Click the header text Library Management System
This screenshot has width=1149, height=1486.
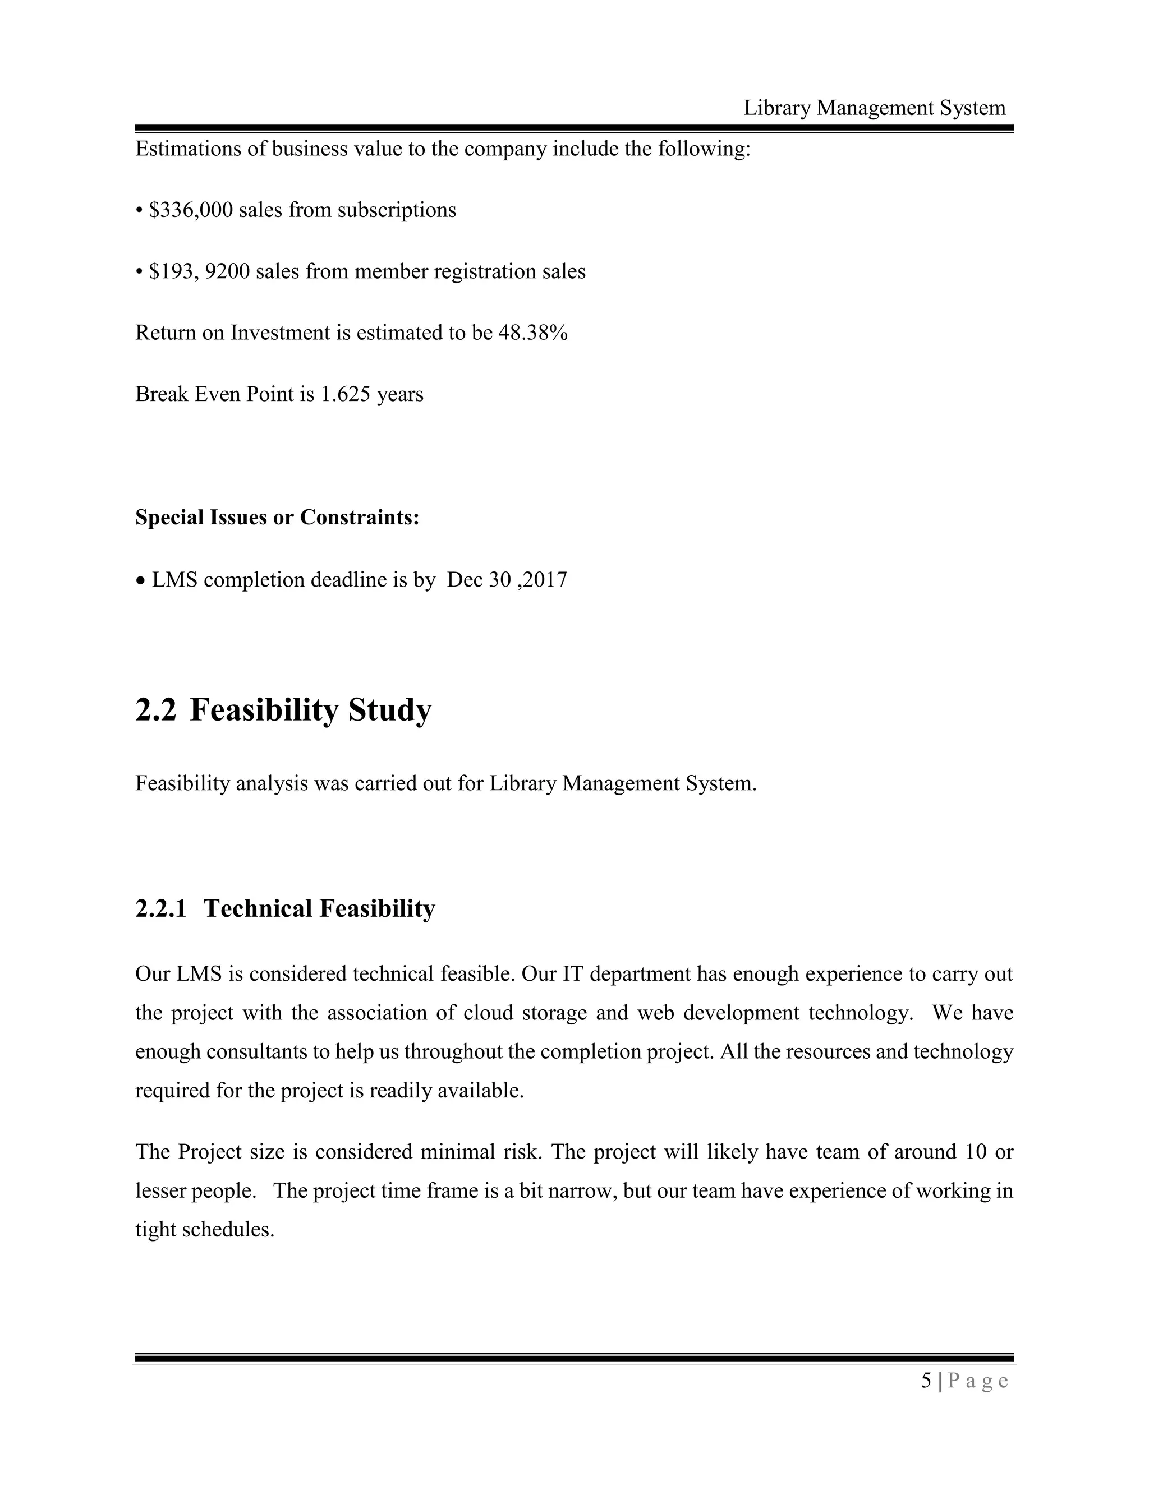874,108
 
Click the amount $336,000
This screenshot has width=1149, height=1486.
191,210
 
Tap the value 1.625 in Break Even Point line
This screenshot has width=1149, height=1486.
345,394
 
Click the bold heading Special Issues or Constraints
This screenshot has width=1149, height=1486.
277,517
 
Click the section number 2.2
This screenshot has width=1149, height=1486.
155,710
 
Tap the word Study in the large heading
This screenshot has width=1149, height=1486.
390,710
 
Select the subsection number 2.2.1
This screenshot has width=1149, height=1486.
160,908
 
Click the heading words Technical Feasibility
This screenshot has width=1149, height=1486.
319,908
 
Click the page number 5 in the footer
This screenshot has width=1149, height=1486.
926,1381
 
